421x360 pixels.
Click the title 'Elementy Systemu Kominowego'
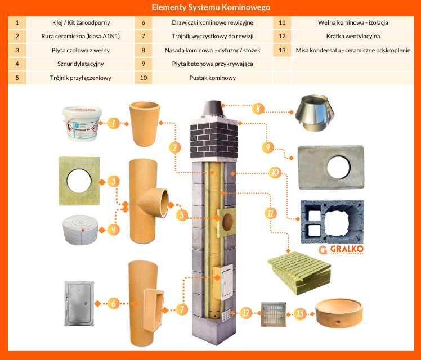pos(210,7)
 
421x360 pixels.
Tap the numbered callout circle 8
pos(259,109)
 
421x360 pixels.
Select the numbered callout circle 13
pos(300,313)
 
